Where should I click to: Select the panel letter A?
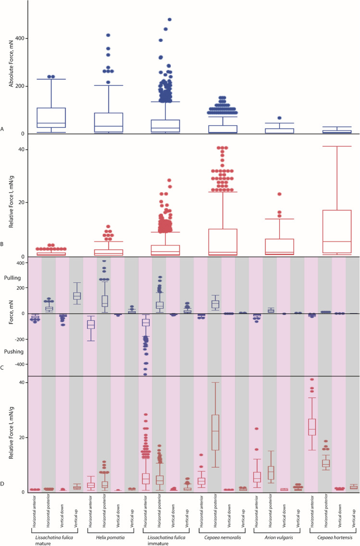click(x=3, y=129)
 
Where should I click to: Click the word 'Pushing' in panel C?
click(x=13, y=352)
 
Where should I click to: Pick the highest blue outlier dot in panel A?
click(x=169, y=20)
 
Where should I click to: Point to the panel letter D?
click(x=3, y=484)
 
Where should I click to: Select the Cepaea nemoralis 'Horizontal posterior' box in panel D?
click(x=215, y=432)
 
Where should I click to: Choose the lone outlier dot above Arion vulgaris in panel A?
click(x=279, y=118)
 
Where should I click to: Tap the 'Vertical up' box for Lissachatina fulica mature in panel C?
click(x=76, y=296)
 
